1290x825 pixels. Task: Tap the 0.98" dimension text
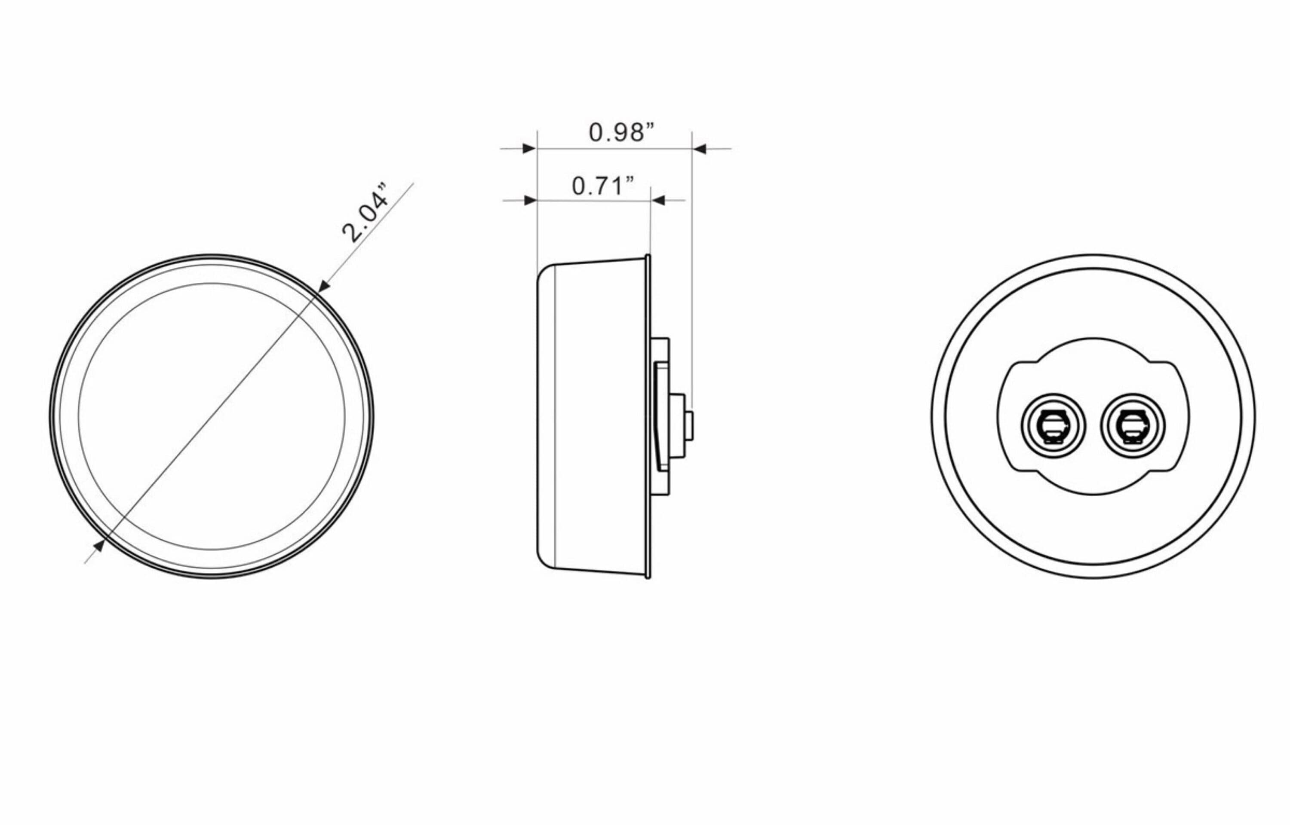(622, 132)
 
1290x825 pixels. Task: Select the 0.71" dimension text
(603, 186)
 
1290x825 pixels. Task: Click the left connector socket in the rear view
(1053, 426)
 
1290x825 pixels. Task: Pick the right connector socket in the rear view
(1133, 426)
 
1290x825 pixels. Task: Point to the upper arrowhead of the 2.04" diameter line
(324, 287)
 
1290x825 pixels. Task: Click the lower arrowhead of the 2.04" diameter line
(98, 547)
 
